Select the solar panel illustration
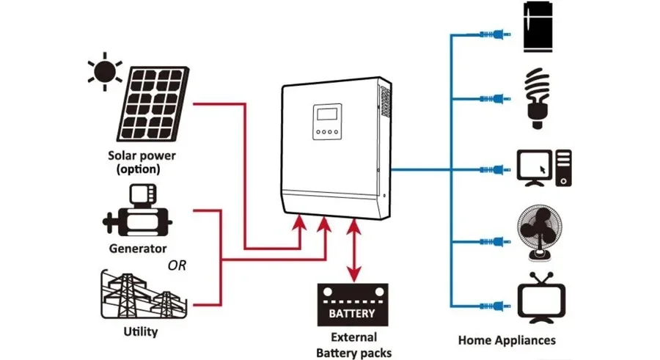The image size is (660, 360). pos(153,103)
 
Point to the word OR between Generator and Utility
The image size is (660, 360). pos(177,265)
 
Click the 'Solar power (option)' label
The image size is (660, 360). pos(142,163)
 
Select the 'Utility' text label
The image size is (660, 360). pos(141,332)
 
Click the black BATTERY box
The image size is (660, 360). pos(351,305)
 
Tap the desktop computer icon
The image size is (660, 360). pos(543,168)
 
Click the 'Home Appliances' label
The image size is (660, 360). pos(507,340)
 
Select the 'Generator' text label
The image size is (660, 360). pos(138,249)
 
